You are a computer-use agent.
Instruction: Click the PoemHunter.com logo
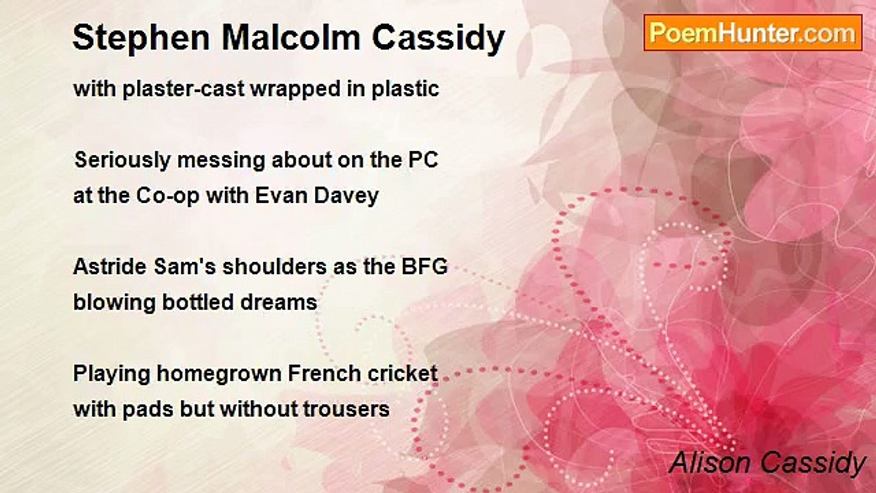(x=752, y=33)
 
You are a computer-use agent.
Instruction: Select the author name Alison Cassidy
(x=767, y=463)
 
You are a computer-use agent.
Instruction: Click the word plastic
(x=405, y=89)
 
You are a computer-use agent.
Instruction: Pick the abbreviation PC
(x=424, y=160)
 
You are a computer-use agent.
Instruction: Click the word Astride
(x=104, y=267)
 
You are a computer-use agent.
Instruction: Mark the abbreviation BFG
(x=428, y=267)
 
